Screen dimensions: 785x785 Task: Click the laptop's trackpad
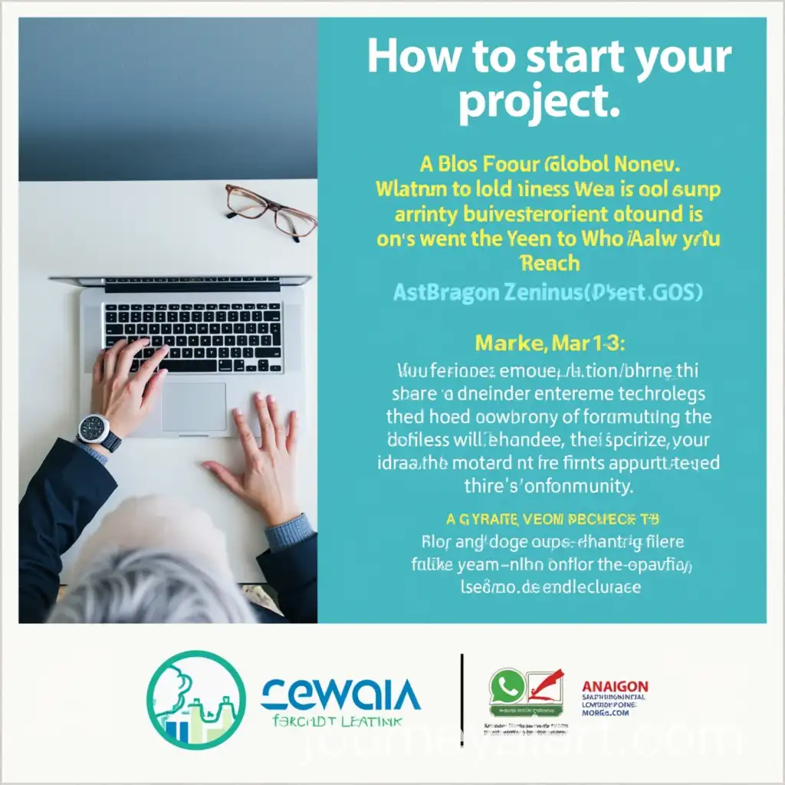click(193, 406)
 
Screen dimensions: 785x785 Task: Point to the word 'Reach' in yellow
click(549, 264)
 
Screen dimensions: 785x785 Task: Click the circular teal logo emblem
click(196, 700)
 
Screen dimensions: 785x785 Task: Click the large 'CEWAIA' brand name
click(340, 696)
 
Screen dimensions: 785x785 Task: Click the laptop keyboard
click(192, 337)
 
